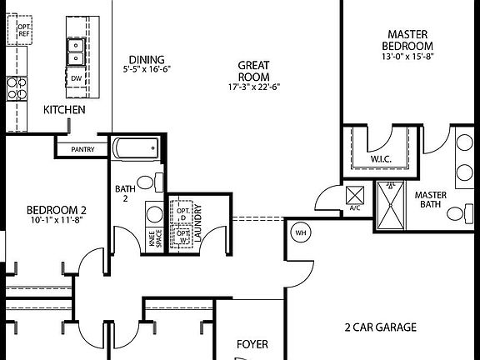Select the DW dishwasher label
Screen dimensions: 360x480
pyautogui.click(x=76, y=78)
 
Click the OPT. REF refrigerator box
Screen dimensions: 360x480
pyautogui.click(x=24, y=31)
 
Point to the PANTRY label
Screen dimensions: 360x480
pyautogui.click(x=82, y=150)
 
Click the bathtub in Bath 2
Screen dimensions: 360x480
pyautogui.click(x=136, y=150)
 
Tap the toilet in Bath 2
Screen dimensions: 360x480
pyautogui.click(x=146, y=182)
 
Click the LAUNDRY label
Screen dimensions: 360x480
pyautogui.click(x=198, y=224)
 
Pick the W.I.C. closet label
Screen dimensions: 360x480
pyautogui.click(x=381, y=158)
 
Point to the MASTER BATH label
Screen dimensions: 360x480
pyautogui.click(x=431, y=200)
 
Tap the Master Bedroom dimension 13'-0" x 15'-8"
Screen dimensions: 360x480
pyautogui.click(x=408, y=57)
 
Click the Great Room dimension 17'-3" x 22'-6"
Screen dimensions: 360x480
pyautogui.click(x=252, y=87)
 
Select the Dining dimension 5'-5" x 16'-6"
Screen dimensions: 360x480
pyautogui.click(x=147, y=70)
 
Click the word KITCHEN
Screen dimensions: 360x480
pyautogui.click(x=64, y=110)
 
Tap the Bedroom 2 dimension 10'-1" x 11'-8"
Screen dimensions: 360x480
pyautogui.click(x=57, y=221)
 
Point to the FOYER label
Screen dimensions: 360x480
pyautogui.click(x=252, y=343)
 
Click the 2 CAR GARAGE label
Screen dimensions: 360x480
pyautogui.click(x=381, y=327)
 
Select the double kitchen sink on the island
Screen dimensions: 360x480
pyautogui.click(x=75, y=52)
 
